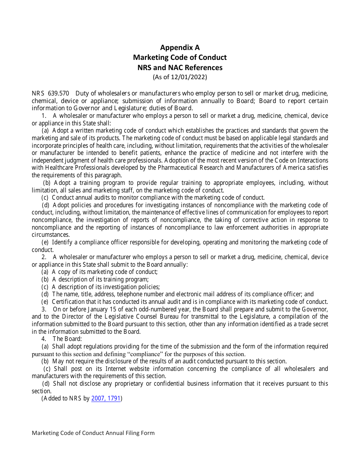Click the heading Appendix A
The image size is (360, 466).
[x=180, y=47]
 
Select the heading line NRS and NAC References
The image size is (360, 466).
[x=180, y=67]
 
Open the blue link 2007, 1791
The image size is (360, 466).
[x=106, y=399]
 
